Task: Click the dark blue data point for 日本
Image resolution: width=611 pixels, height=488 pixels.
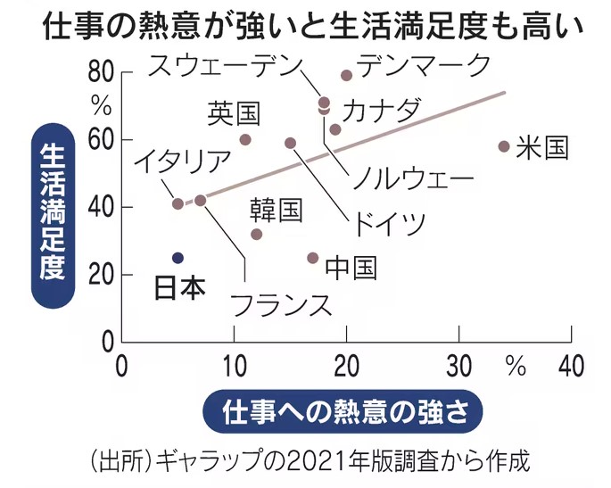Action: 178,258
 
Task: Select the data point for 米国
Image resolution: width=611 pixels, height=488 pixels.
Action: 503,146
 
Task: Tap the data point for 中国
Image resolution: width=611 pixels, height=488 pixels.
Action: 312,258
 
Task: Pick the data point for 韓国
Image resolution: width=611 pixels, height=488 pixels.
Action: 256,234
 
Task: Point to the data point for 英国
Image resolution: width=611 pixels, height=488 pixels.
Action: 245,140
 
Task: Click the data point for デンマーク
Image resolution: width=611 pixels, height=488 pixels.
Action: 346,75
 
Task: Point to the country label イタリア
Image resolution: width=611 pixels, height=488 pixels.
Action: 183,163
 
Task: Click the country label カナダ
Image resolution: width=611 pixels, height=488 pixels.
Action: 381,112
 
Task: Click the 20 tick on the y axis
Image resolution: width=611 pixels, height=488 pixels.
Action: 100,275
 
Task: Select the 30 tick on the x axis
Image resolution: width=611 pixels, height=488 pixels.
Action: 458,365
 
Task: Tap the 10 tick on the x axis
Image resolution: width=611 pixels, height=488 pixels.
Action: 234,365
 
